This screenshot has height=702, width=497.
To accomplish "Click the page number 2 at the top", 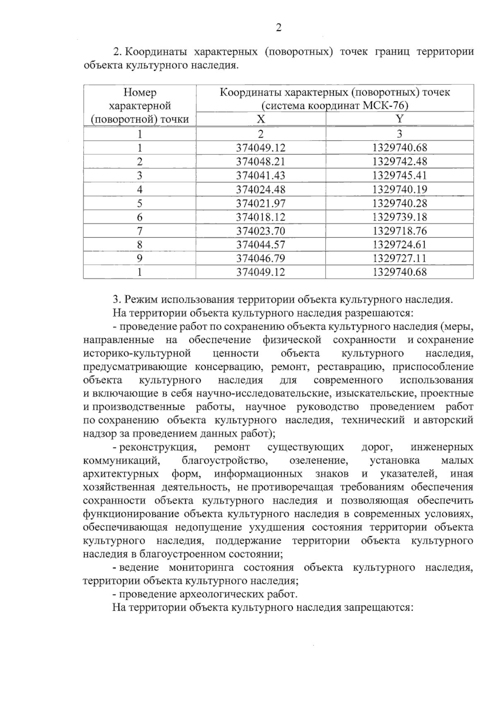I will (278, 28).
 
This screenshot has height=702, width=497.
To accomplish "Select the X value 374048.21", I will (261, 161).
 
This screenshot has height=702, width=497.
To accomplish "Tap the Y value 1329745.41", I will (399, 175).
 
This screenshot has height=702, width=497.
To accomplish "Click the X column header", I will (261, 119).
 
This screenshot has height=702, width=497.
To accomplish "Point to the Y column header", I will (399, 119).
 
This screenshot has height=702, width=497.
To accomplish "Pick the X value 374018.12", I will (261, 217).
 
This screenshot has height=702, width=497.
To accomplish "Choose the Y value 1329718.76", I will (399, 230).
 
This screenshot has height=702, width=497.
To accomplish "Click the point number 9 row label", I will (140, 258).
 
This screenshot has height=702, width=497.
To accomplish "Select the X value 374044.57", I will (261, 244).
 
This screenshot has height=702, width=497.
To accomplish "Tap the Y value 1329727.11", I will (399, 258).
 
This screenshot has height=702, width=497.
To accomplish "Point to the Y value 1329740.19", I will (399, 189).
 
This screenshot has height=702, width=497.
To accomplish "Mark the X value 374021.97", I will (261, 203).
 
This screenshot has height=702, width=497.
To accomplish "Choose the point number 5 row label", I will (140, 203).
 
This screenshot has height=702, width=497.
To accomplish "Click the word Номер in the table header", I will (140, 92).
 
